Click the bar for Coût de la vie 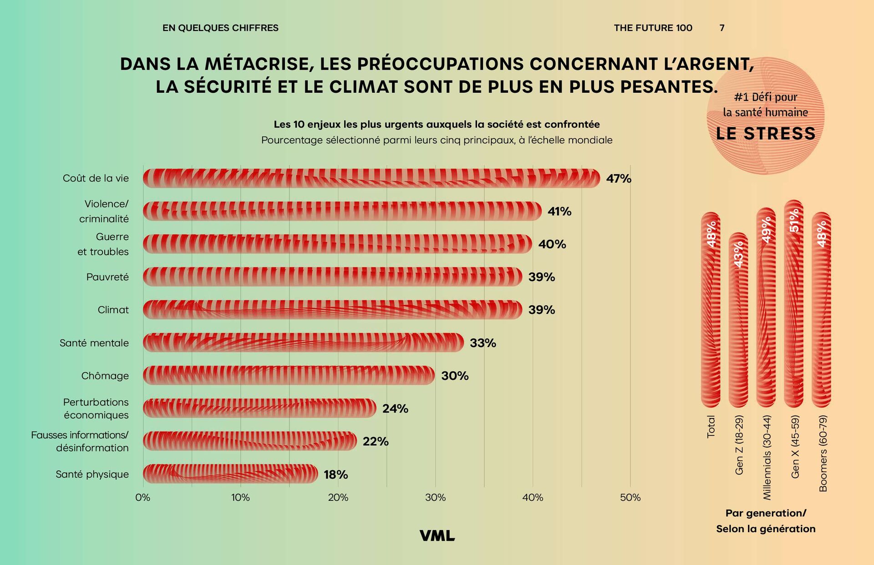[x=371, y=178]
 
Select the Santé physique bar [x=230, y=474]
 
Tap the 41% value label [x=559, y=212]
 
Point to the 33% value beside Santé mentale [x=483, y=343]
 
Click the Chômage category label [x=105, y=376]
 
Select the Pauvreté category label [x=107, y=277]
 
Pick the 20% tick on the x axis [x=338, y=498]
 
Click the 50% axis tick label [x=630, y=498]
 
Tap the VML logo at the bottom [x=437, y=536]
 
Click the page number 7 [x=722, y=28]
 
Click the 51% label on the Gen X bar [x=794, y=221]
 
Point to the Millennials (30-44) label [x=767, y=457]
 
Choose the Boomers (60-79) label [x=823, y=453]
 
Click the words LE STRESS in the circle [x=766, y=133]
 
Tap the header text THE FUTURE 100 [x=653, y=28]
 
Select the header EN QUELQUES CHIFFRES [x=220, y=28]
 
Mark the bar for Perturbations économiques [x=259, y=409]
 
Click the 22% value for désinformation [x=376, y=442]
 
